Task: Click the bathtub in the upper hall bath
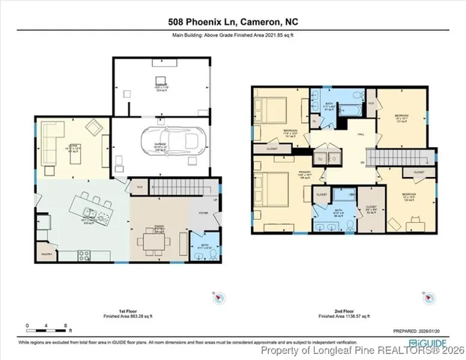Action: coord(349,111)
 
